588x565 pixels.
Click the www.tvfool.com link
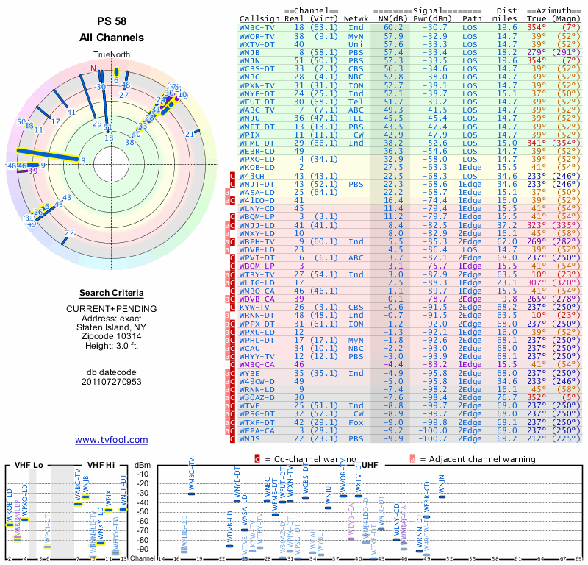111,440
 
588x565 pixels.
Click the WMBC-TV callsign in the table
258,27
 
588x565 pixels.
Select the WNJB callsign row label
251,52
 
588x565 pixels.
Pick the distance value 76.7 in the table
507,397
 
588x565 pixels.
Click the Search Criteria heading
111,293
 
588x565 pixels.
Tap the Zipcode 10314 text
111,335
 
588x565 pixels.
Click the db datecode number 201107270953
111,382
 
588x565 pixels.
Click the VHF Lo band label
28,465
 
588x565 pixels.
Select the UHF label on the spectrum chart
371,465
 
